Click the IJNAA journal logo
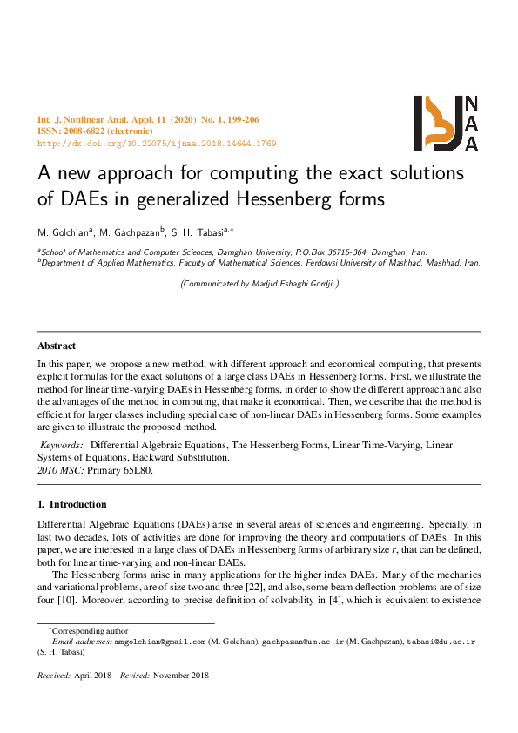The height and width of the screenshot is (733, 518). point(446,124)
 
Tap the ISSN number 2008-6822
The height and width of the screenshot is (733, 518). point(84,131)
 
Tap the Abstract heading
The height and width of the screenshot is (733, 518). point(57,346)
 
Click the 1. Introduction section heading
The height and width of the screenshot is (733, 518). point(72,504)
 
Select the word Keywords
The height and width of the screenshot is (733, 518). point(61,445)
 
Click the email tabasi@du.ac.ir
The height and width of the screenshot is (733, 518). point(442,642)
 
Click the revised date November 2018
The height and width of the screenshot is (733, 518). point(181,676)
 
